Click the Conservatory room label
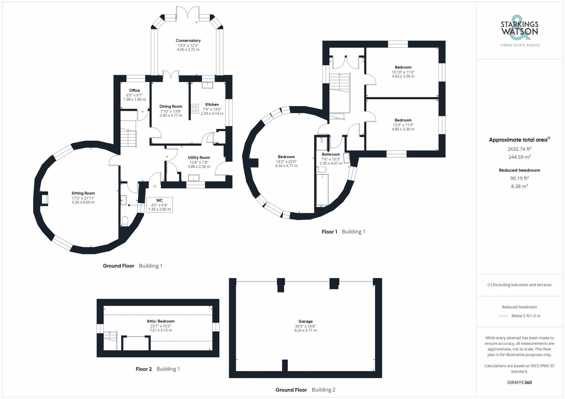188,41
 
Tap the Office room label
134,91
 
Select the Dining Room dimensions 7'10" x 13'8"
171,111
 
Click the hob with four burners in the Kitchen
195,109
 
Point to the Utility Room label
199,158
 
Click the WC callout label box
160,205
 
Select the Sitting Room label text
83,193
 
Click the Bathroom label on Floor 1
331,155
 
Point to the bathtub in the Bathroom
322,189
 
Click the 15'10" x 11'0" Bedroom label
403,67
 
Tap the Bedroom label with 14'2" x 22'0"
286,157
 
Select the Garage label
305,321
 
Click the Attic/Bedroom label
161,321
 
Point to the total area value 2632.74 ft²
520,149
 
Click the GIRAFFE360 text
520,383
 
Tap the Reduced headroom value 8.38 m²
520,186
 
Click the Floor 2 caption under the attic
144,369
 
